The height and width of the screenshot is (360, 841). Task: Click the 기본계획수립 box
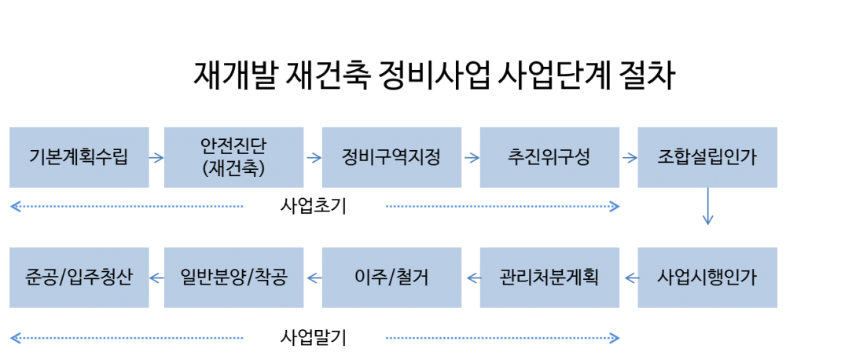click(x=79, y=157)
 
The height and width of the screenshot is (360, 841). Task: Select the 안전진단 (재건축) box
click(x=233, y=157)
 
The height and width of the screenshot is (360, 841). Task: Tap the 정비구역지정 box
click(x=391, y=157)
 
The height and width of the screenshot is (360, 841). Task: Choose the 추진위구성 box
click(x=549, y=157)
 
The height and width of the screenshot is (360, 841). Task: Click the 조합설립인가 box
click(x=707, y=157)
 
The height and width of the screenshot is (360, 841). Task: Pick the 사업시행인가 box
click(x=707, y=277)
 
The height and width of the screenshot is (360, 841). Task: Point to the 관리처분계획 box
click(x=549, y=277)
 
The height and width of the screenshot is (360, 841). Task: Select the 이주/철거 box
click(x=391, y=277)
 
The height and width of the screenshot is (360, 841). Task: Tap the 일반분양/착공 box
click(x=233, y=277)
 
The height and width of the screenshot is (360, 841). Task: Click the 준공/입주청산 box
click(x=79, y=277)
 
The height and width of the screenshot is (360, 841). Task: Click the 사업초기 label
click(x=314, y=207)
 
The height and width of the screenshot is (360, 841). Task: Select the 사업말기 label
click(x=314, y=339)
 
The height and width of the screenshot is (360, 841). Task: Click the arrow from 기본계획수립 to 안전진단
click(x=156, y=157)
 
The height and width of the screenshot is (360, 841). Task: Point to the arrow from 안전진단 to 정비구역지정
click(x=313, y=157)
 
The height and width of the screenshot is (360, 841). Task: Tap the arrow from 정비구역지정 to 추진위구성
click(x=471, y=157)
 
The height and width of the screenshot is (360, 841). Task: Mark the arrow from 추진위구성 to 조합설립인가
click(x=629, y=157)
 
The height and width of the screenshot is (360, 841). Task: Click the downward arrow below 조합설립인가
click(x=707, y=207)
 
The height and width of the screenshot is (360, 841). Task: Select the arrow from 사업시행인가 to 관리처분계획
click(x=629, y=277)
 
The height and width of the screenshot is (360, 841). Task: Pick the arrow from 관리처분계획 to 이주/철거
click(x=471, y=277)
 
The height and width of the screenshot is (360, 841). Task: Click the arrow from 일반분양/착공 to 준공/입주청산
click(x=156, y=277)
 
